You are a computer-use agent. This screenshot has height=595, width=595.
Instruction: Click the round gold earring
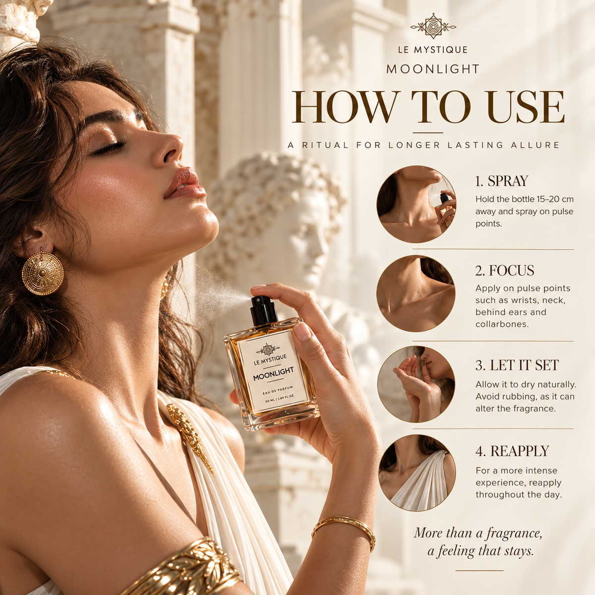coord(43,273)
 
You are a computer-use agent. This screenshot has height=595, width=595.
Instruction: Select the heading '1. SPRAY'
coord(501,181)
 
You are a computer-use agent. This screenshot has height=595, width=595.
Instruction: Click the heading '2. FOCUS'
coord(505,271)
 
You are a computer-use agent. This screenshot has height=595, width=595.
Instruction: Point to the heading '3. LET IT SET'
coord(517,365)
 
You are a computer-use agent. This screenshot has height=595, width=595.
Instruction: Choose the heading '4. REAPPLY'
coord(512,451)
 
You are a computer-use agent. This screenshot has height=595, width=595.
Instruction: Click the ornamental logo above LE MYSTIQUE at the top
coord(433,26)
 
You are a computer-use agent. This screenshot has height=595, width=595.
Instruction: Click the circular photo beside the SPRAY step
coord(416,204)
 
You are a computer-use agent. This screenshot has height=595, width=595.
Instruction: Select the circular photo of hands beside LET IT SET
coord(416,384)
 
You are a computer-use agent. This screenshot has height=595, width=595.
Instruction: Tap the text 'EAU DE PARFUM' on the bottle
coord(278,390)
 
